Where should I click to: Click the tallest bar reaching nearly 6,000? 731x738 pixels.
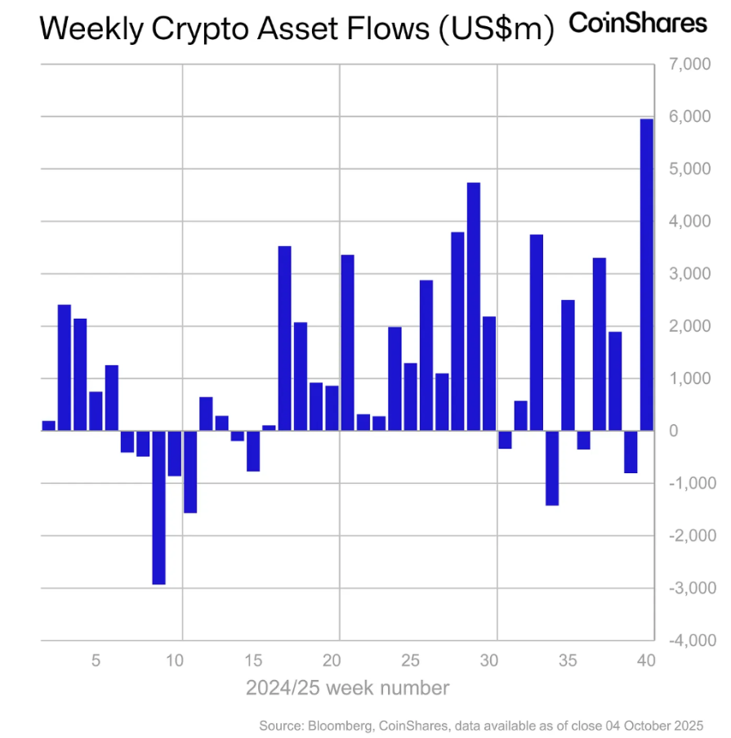click(646, 275)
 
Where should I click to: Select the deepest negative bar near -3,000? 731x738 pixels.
click(158, 507)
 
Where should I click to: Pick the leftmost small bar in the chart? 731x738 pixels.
click(48, 426)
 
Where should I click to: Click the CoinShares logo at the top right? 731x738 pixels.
click(637, 24)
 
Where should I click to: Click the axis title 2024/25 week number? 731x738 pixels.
click(347, 688)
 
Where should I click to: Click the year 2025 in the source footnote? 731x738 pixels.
click(687, 725)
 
